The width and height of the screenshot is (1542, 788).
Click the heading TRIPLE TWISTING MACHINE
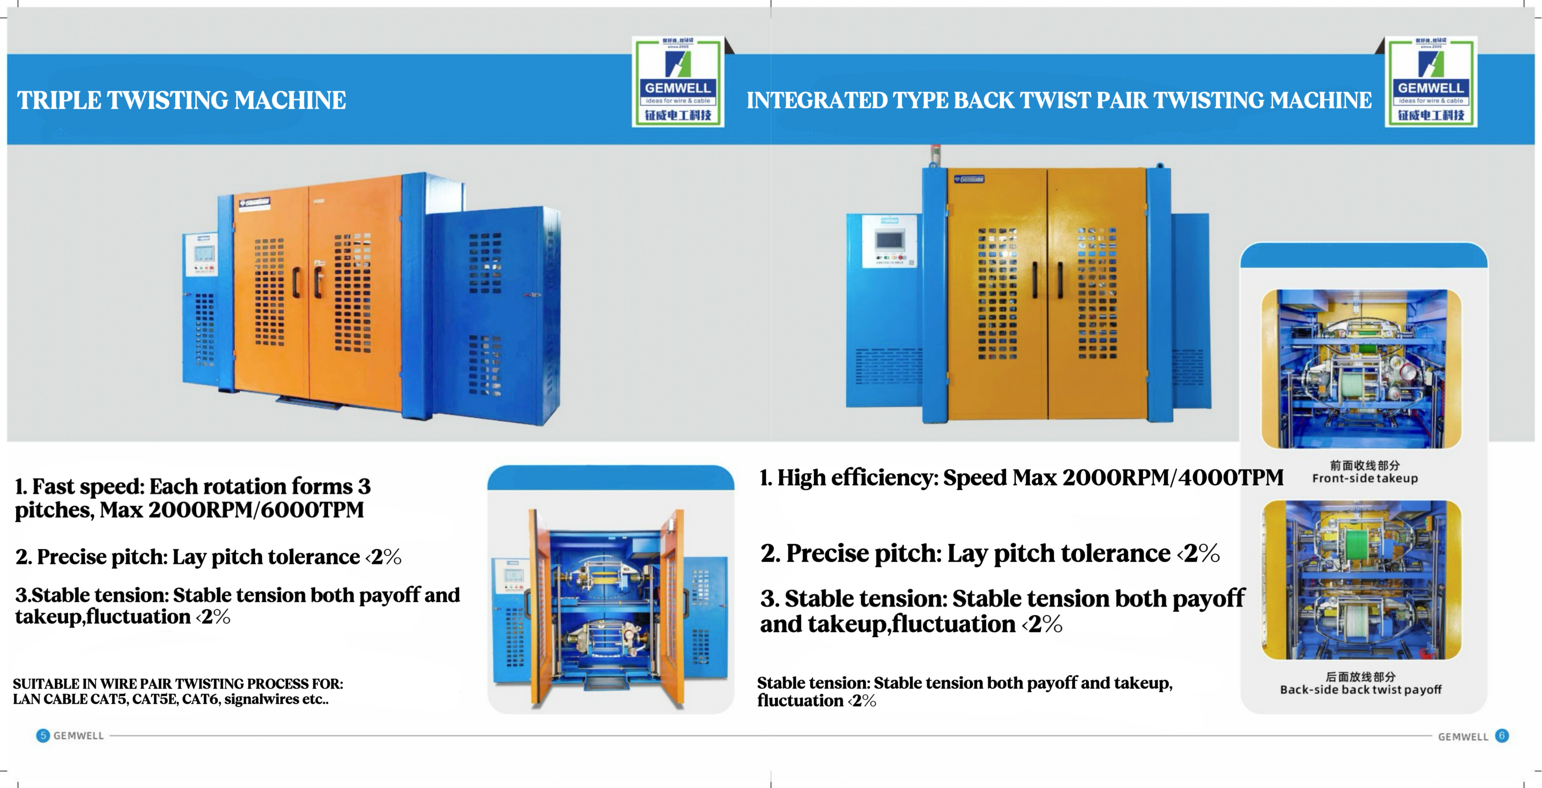pyautogui.click(x=181, y=100)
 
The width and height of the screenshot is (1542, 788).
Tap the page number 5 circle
pyautogui.click(x=43, y=735)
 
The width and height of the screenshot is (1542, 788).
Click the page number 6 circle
pyautogui.click(x=1502, y=735)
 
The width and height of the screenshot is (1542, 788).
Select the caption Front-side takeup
pyautogui.click(x=1365, y=479)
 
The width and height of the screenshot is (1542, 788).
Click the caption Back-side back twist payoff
pyautogui.click(x=1361, y=689)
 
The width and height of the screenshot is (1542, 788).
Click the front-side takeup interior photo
pyautogui.click(x=1361, y=369)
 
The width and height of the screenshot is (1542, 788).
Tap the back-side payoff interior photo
pyautogui.click(x=1361, y=580)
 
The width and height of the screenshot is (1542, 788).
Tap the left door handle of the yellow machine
pyautogui.click(x=1035, y=280)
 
